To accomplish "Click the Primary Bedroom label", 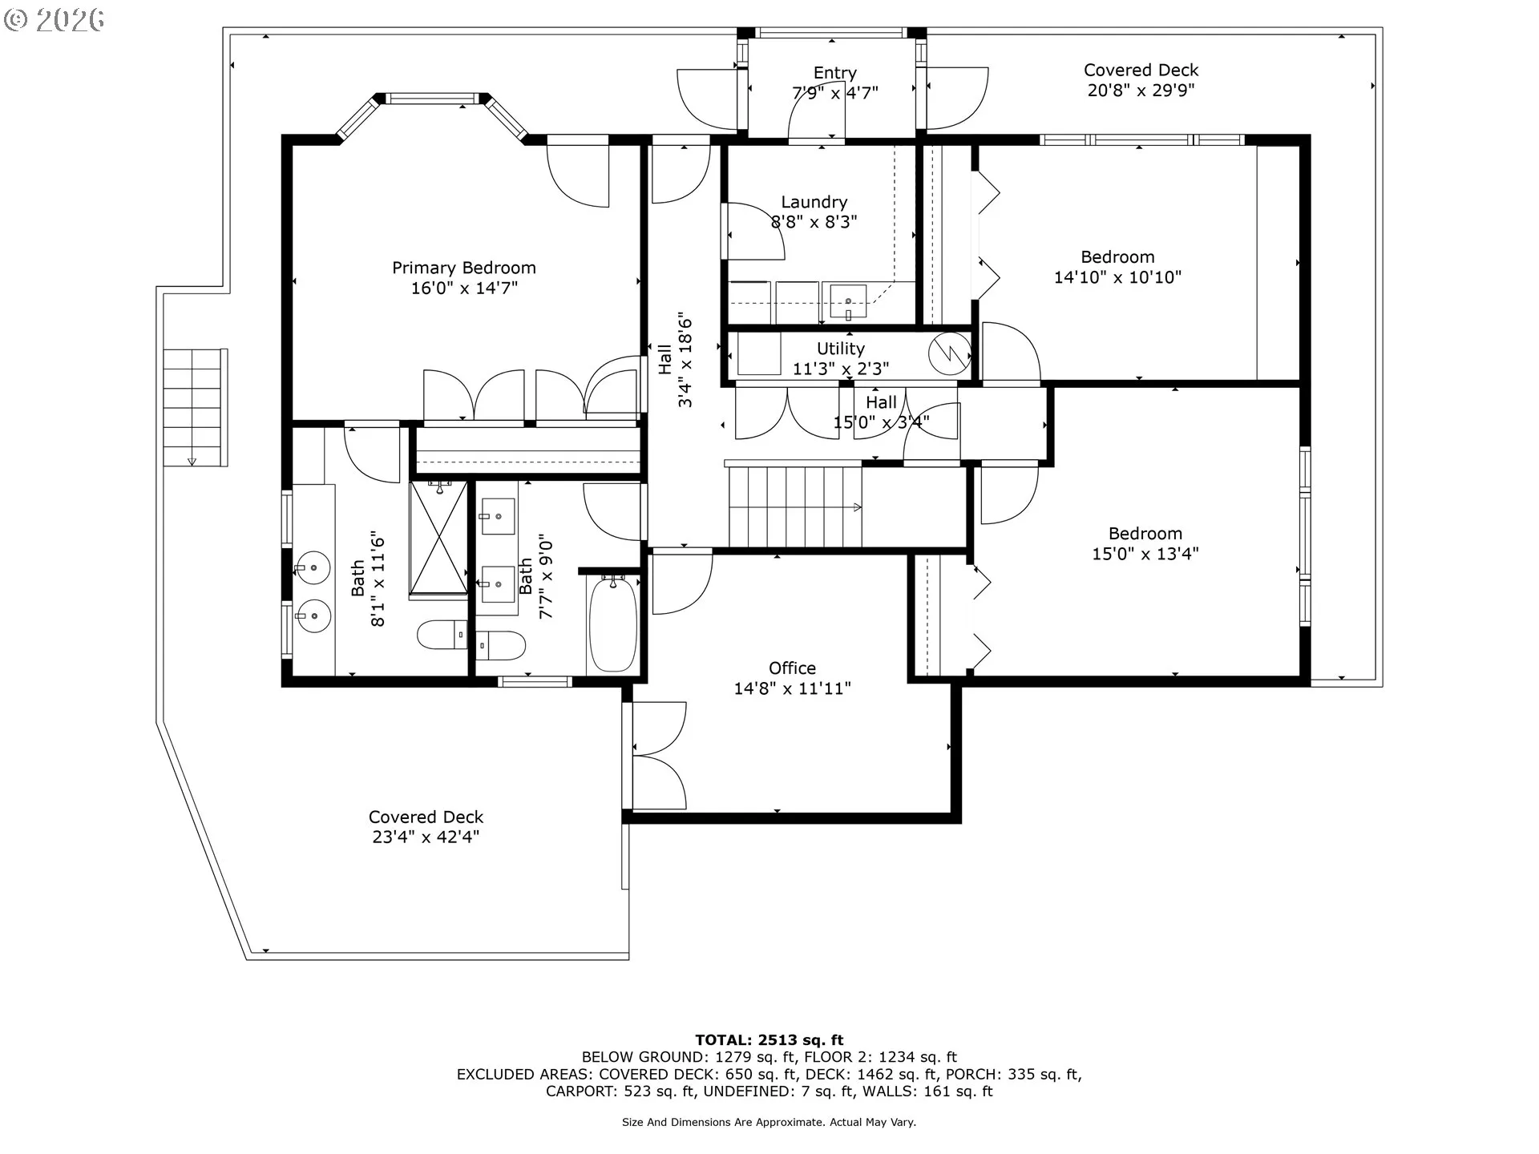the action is coord(463,268).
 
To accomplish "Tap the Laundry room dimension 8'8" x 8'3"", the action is coord(814,222).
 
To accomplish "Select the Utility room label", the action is coord(840,349).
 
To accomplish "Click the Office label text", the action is coord(792,668).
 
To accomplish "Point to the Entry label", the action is coord(834,73).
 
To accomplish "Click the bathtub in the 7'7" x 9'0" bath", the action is coord(613,624).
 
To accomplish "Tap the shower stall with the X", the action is coord(438,537).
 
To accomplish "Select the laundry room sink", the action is coord(847,302).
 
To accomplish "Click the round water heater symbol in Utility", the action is coord(950,353).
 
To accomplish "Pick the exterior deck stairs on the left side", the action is coord(195,407).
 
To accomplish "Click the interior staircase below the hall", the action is coord(795,507).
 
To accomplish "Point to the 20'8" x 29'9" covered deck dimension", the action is coord(1141,90).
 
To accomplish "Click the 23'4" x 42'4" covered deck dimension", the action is coord(426,837).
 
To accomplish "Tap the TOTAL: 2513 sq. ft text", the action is coord(769,1040).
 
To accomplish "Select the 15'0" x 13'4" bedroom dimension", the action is coord(1145,553).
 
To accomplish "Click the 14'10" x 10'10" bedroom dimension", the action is coord(1117,277).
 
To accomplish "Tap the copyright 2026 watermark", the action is coord(54,20).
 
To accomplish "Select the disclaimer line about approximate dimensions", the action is coord(769,1122).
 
